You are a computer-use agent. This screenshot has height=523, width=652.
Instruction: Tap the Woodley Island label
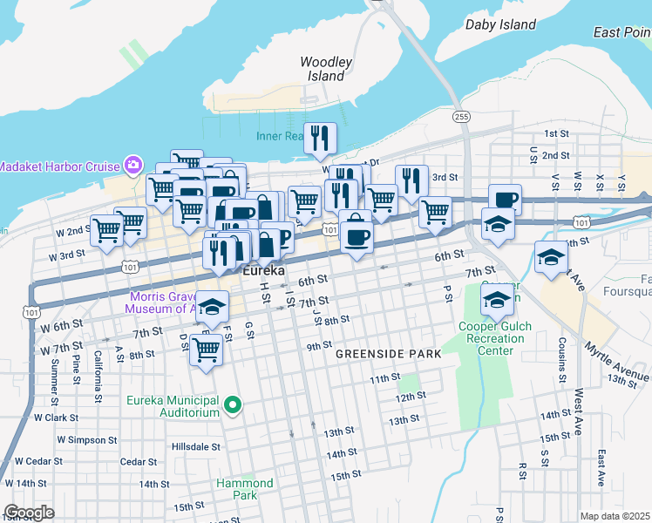click(326, 69)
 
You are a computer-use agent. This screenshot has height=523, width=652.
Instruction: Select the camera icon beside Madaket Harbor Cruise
click(133, 165)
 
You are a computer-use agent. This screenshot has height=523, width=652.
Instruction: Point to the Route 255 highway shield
click(461, 116)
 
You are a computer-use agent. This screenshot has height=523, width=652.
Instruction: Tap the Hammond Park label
click(245, 489)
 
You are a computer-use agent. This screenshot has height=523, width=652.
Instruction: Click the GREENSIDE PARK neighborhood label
click(389, 355)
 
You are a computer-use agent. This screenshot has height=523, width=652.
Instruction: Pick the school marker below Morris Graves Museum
click(212, 307)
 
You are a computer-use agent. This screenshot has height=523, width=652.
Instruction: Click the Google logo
click(28, 512)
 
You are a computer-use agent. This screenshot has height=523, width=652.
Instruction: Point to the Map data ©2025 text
click(615, 516)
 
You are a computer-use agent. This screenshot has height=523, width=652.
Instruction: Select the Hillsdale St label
click(196, 446)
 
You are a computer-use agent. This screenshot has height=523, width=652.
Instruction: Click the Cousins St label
click(560, 358)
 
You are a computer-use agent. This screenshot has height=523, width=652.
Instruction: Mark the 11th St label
click(384, 379)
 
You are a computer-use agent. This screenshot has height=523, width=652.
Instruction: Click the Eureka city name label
click(263, 271)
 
